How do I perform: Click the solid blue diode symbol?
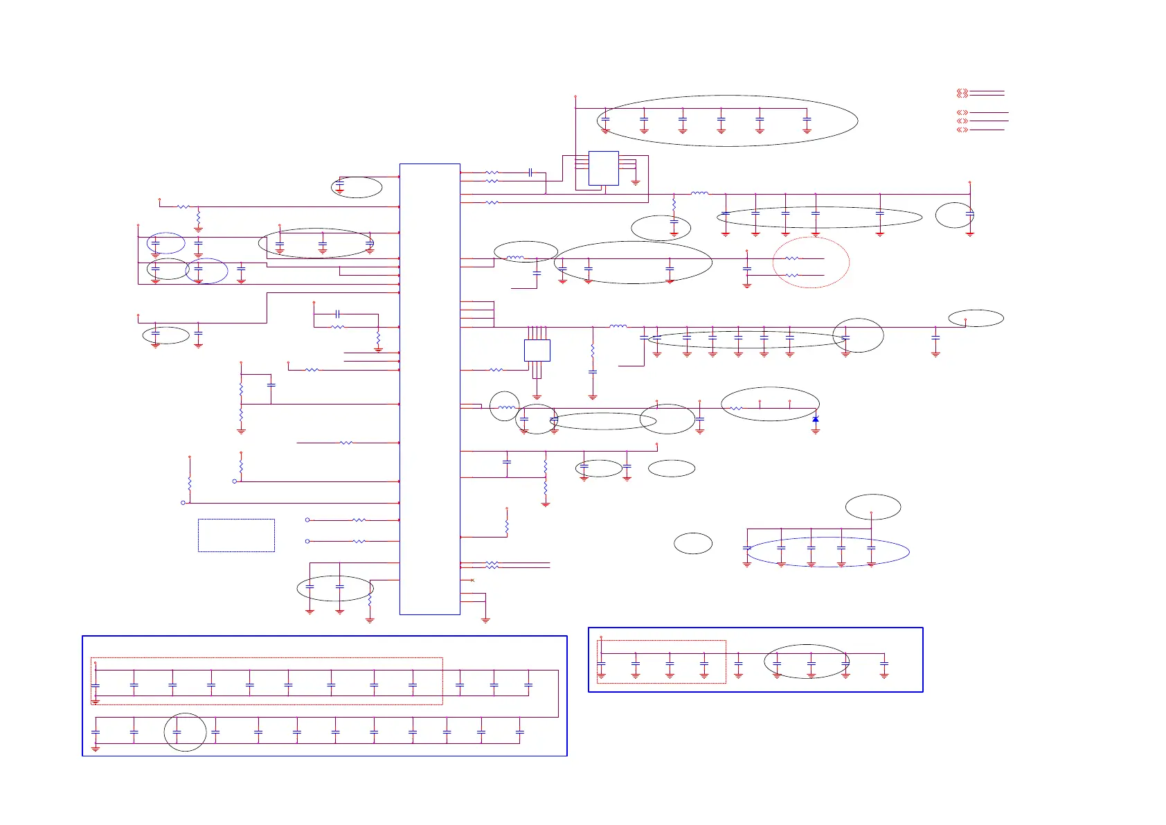[x=816, y=420]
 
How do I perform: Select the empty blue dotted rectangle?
[x=236, y=535]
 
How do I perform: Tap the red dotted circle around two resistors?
[x=811, y=262]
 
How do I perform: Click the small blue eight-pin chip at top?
[x=603, y=168]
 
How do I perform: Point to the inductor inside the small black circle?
[x=505, y=407]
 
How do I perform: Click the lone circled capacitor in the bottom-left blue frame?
[x=177, y=732]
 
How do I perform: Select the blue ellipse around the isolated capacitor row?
[x=827, y=552]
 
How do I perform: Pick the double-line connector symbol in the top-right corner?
[x=962, y=93]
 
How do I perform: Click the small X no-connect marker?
[x=472, y=580]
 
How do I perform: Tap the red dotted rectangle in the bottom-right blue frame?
[x=661, y=662]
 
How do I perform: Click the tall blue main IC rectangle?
[x=430, y=389]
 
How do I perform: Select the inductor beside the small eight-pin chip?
[x=699, y=194]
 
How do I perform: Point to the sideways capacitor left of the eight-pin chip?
[x=530, y=172]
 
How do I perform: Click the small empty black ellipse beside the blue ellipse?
[x=693, y=543]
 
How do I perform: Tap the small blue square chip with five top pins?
[x=537, y=351]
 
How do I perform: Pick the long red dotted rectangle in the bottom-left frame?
[x=267, y=681]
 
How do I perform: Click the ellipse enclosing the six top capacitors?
[x=727, y=121]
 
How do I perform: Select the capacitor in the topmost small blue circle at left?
[x=156, y=244]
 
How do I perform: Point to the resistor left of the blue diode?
[x=735, y=409]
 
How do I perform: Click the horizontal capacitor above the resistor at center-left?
[x=337, y=314]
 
